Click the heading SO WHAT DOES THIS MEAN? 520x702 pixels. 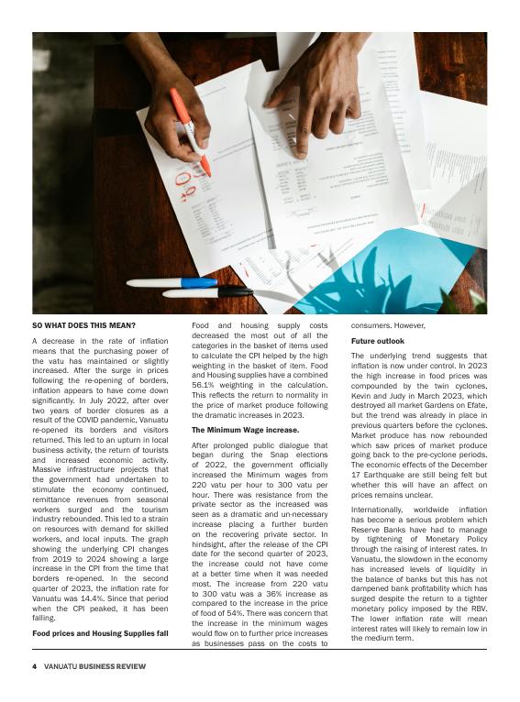83,325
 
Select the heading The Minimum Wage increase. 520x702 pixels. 244,429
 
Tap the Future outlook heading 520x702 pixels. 376,341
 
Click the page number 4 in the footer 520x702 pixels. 35,666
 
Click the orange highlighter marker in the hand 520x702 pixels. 189,129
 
